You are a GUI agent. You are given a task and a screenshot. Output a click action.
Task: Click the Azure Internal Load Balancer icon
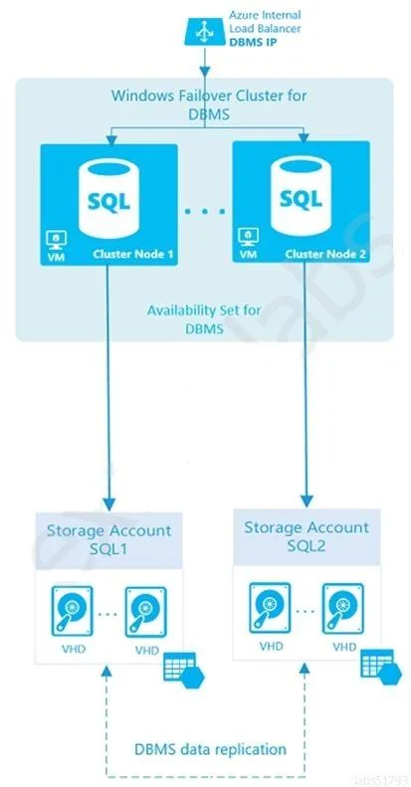point(203,32)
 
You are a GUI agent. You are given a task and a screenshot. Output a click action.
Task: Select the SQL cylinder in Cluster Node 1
point(108,198)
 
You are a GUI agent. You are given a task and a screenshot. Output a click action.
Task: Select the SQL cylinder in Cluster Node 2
point(302,196)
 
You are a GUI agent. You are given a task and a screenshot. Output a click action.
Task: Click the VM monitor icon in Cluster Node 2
point(247,237)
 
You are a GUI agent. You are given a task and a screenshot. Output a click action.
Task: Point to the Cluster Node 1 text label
point(133,255)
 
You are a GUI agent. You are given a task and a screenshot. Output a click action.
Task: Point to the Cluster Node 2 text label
point(325,254)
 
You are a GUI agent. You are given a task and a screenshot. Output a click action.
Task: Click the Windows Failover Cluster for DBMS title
point(209,103)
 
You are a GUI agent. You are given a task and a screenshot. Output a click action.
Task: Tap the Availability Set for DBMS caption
point(204,319)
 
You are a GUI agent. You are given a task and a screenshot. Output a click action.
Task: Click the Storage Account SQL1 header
point(108,539)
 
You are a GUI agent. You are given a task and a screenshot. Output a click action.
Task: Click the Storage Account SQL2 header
point(307,536)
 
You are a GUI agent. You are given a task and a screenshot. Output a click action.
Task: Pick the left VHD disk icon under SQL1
point(72,611)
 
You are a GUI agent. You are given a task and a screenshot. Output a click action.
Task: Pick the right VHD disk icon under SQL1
point(145,612)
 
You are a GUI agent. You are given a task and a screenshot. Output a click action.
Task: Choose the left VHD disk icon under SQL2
point(270,608)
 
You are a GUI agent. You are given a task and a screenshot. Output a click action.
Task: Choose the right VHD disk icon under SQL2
point(343,609)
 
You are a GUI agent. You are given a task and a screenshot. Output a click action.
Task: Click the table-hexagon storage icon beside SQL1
point(184,671)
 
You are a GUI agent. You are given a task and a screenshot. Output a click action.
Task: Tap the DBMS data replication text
point(210,750)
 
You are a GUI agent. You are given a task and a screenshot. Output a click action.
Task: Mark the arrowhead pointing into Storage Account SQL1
point(107,503)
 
